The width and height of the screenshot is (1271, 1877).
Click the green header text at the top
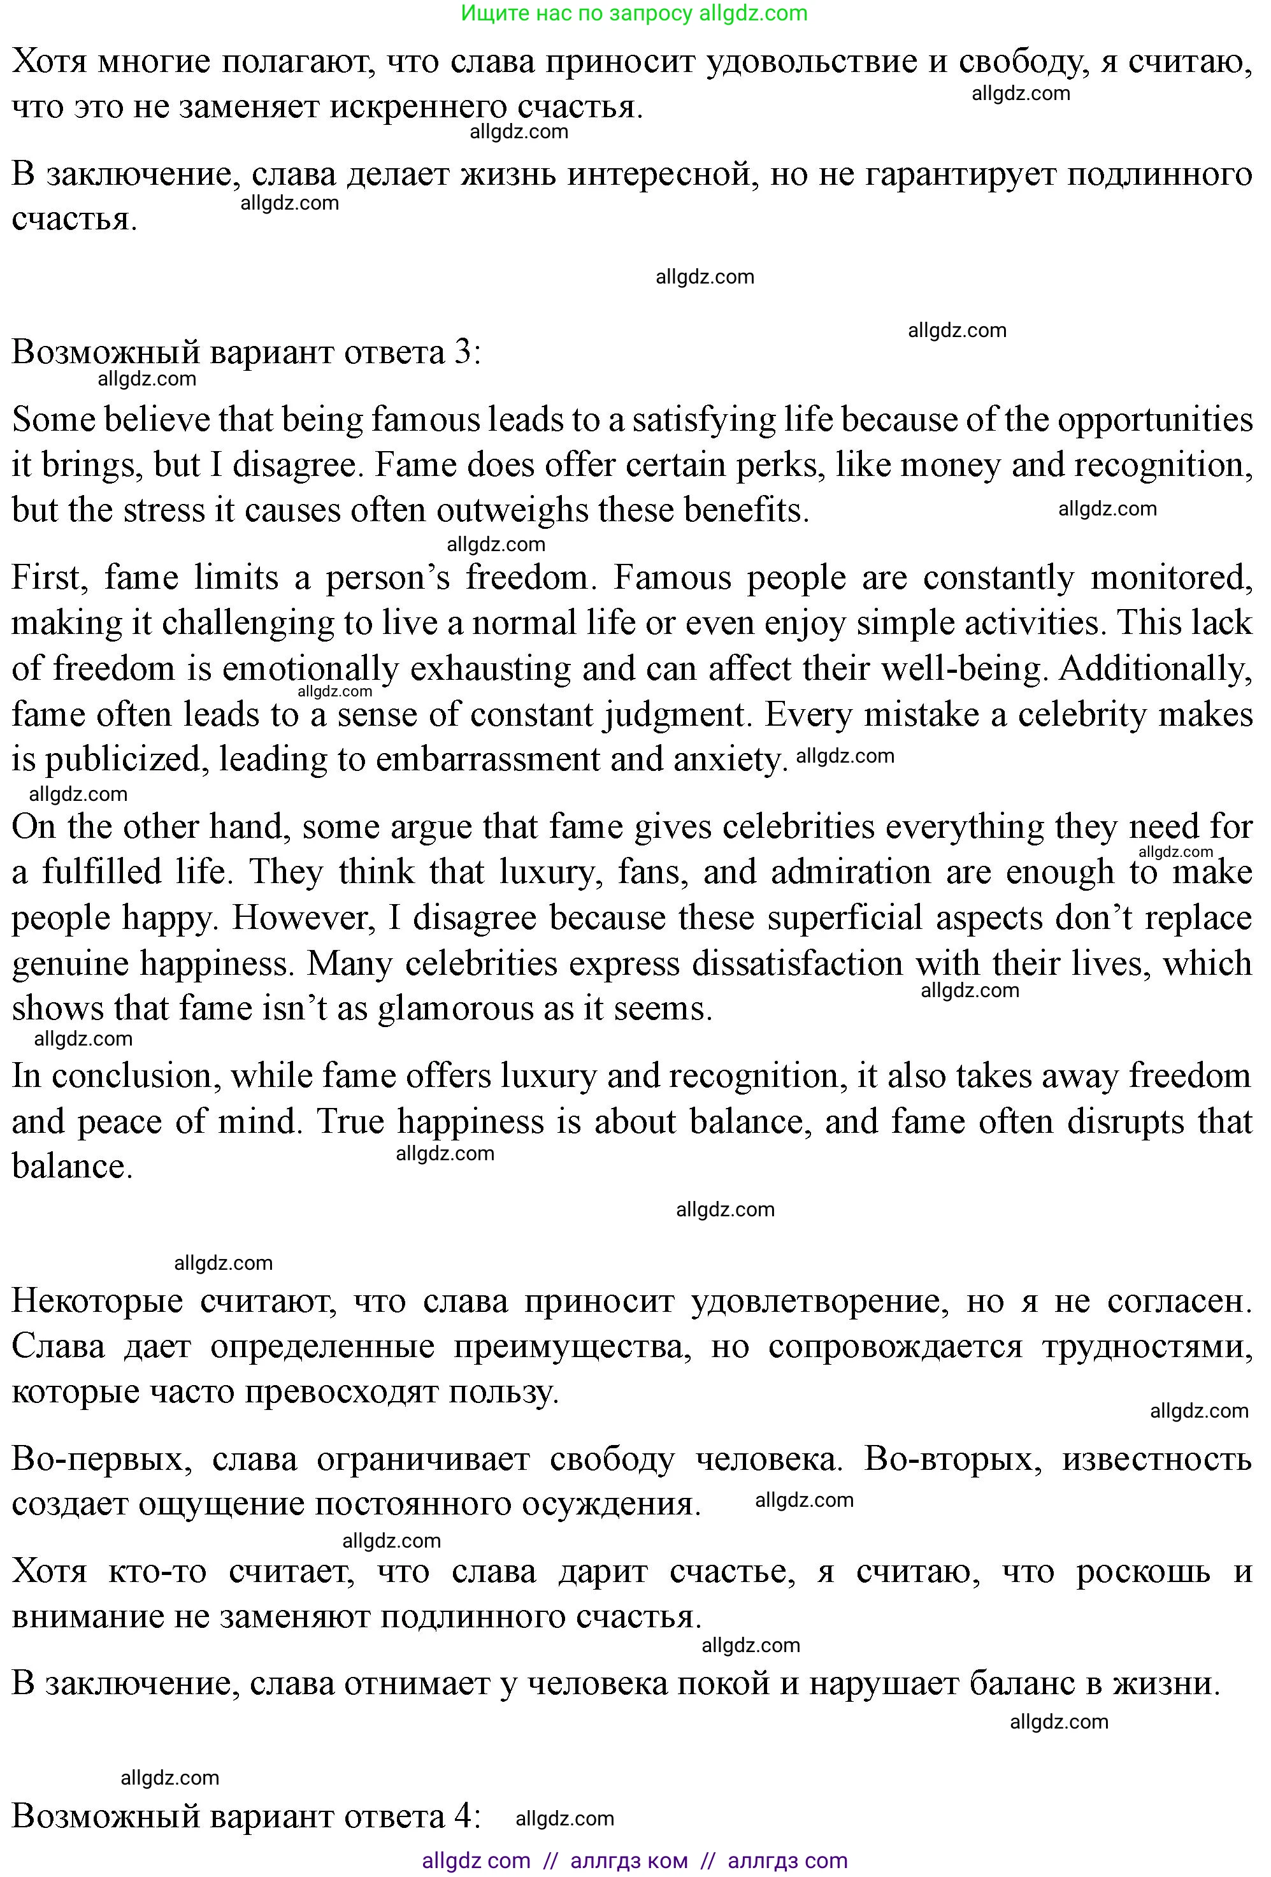coord(634,13)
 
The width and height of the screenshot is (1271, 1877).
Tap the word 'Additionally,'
coord(1156,669)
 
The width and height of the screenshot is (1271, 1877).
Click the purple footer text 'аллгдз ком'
coord(629,1861)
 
